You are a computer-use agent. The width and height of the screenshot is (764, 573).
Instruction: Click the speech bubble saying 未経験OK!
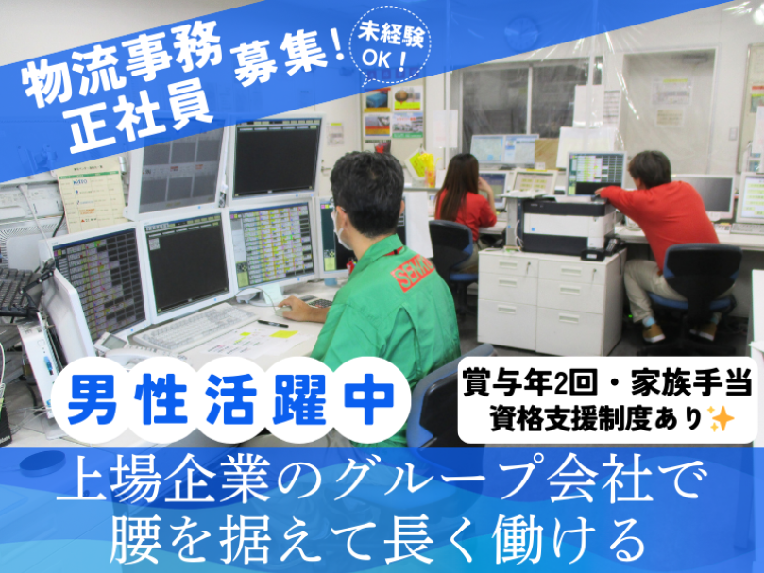click(391, 47)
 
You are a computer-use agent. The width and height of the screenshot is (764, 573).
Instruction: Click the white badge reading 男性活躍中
click(230, 399)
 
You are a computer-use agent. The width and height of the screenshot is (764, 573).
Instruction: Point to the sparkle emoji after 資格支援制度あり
click(722, 418)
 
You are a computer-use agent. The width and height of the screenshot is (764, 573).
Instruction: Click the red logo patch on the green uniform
click(412, 273)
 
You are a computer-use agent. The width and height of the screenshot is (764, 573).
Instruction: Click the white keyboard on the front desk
click(195, 326)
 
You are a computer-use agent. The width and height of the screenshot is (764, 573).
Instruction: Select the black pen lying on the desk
click(272, 324)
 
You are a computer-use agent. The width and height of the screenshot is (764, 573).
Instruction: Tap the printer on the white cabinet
click(569, 226)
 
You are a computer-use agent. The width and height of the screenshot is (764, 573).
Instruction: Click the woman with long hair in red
click(463, 199)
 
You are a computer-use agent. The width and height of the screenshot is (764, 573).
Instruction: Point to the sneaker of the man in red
click(654, 333)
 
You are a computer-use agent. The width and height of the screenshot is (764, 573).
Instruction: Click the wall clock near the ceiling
click(521, 32)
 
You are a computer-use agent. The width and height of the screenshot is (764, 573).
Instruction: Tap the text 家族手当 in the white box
click(691, 383)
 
